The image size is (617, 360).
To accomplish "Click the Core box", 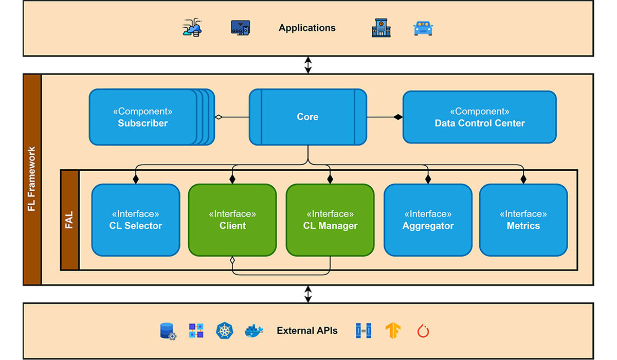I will [x=307, y=117].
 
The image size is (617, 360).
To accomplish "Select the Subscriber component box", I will [x=143, y=117].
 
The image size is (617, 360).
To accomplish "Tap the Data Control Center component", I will [x=479, y=117].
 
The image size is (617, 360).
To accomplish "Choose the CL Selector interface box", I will [x=136, y=220].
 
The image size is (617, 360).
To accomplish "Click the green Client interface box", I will [x=232, y=220].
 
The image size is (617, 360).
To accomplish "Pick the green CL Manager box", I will [x=330, y=220].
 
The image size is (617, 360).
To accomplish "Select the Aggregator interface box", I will [x=428, y=220].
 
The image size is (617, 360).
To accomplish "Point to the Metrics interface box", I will [x=523, y=220].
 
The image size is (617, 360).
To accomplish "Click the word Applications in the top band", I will [x=307, y=28].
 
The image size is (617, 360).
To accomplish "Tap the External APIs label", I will [x=307, y=331].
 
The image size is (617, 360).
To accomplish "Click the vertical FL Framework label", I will [x=32, y=179].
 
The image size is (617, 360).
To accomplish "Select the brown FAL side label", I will [x=70, y=220].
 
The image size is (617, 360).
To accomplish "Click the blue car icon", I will [x=423, y=28].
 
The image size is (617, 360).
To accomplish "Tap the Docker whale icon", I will [x=253, y=331].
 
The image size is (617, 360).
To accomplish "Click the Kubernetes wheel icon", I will [x=225, y=331].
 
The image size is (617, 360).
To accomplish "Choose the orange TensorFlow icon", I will [x=393, y=331].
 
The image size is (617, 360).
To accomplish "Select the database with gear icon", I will [x=168, y=331].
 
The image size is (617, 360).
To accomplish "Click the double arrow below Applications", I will [x=308, y=65].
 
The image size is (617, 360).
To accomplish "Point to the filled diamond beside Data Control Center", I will [x=397, y=117].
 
